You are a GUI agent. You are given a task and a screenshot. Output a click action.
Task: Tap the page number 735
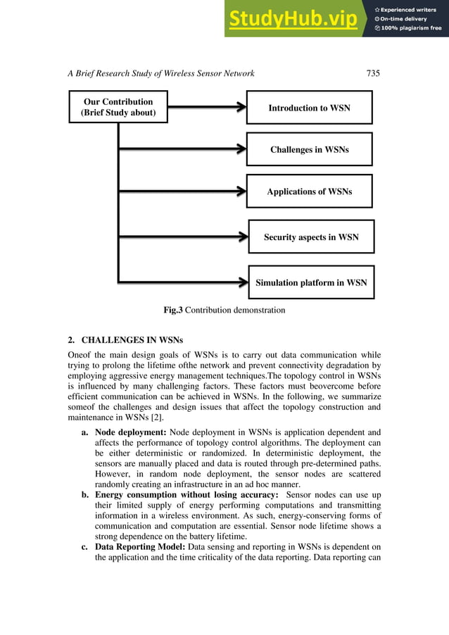(x=374, y=73)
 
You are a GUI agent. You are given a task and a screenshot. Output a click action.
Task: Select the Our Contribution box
(x=118, y=107)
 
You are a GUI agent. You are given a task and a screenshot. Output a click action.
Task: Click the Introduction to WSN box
(x=309, y=108)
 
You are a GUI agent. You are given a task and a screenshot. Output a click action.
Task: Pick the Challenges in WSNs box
(x=309, y=149)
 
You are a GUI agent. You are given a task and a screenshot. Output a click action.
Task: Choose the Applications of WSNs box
(x=309, y=191)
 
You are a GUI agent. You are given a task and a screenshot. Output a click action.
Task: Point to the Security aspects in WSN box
(x=311, y=237)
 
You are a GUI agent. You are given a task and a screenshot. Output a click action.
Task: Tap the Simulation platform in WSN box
(x=311, y=282)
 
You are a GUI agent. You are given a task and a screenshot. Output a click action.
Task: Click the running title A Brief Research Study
(x=161, y=73)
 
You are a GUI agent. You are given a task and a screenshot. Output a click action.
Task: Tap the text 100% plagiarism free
(x=411, y=28)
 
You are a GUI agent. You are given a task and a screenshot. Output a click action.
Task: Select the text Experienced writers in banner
(x=411, y=9)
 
